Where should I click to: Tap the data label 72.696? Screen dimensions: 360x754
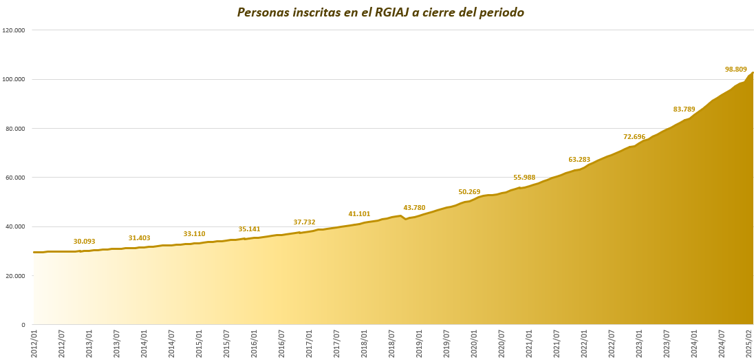(634, 137)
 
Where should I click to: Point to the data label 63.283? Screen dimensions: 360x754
(579, 160)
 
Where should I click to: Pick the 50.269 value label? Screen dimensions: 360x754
(469, 192)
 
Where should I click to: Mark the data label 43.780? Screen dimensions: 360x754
(414, 208)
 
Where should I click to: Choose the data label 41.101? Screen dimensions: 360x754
(359, 214)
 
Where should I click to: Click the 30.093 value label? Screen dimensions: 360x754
(85, 242)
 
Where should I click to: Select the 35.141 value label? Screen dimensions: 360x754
(249, 229)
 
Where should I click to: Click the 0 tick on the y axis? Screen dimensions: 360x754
(23, 325)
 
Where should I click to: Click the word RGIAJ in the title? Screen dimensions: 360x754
(394, 12)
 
